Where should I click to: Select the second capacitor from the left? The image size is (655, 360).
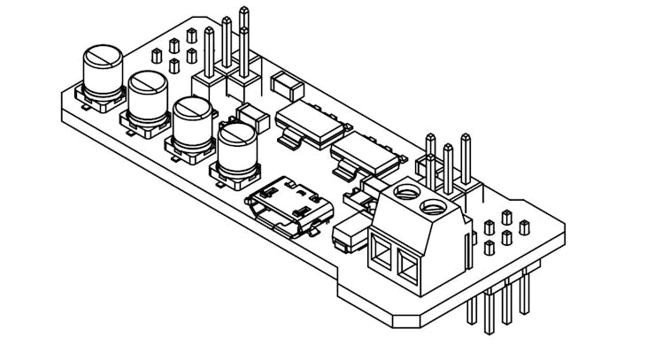(x=148, y=97)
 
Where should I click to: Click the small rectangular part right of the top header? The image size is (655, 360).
(x=287, y=85)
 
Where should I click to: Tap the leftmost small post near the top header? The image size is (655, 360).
(x=156, y=55)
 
